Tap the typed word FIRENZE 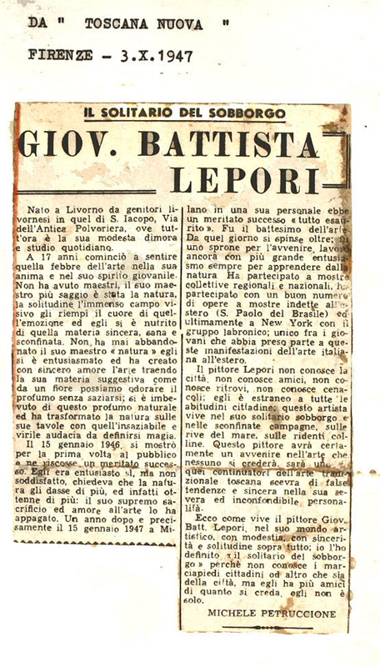click(62, 57)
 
